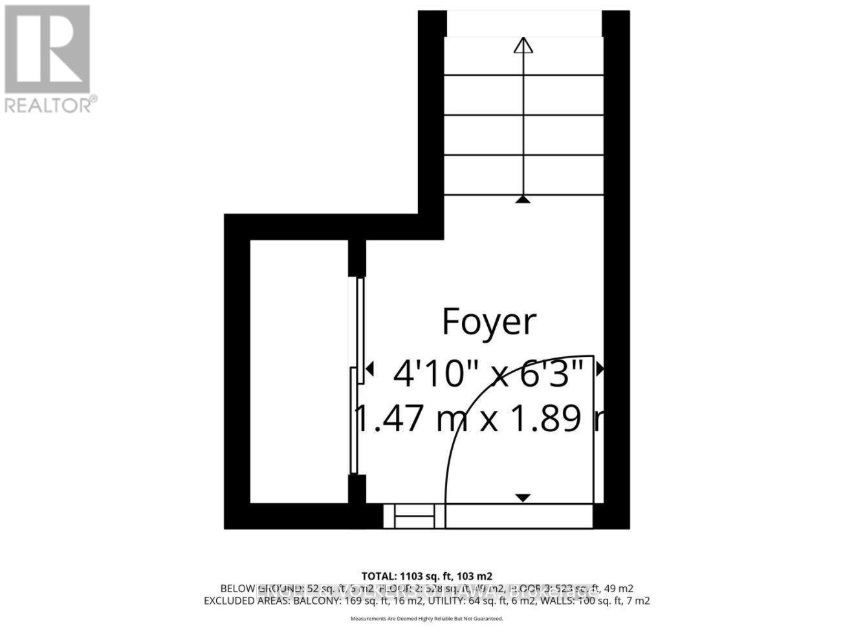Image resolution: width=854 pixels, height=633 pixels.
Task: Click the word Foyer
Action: tap(489, 322)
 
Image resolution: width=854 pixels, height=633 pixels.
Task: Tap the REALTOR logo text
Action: tap(50, 105)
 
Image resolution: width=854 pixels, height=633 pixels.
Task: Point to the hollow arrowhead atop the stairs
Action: tap(523, 45)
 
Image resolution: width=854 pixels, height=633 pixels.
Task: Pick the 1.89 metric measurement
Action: tap(556, 419)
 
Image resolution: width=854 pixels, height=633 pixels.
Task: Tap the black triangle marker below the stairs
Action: tap(523, 200)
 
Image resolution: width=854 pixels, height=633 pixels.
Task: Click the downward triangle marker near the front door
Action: tap(523, 497)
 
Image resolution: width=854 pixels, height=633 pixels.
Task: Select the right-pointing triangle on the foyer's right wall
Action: tap(600, 369)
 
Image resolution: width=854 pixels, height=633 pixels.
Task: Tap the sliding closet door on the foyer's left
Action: tap(356, 375)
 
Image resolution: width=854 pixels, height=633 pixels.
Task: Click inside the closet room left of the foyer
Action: tap(299, 372)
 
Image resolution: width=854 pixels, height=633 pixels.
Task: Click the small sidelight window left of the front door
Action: tap(414, 517)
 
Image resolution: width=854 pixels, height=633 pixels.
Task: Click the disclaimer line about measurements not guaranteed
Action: tap(426, 619)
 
